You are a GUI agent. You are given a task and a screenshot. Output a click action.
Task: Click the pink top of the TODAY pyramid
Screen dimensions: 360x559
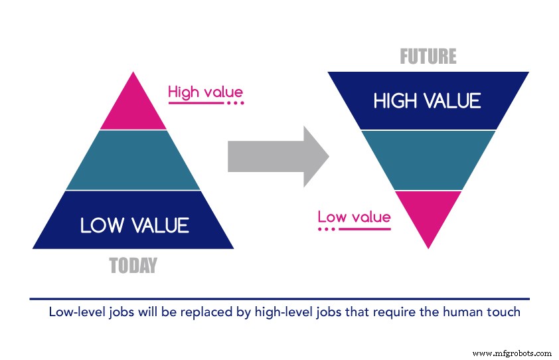[x=133, y=106]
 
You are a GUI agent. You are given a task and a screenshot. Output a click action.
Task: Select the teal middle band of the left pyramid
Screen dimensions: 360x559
[x=133, y=160]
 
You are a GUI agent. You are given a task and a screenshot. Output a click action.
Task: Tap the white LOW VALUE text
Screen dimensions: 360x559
[x=134, y=225]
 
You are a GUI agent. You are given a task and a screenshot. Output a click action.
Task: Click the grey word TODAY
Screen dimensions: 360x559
[x=133, y=266]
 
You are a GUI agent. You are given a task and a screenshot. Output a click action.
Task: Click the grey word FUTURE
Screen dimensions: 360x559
[x=428, y=57]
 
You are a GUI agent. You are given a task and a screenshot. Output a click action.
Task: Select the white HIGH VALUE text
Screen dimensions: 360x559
[x=427, y=101]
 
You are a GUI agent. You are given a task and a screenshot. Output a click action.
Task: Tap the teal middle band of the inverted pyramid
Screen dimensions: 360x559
[x=428, y=160]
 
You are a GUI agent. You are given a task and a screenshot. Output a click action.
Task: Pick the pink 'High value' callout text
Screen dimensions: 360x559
[x=205, y=92]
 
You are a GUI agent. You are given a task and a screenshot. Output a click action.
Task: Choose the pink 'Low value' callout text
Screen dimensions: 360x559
[x=354, y=217]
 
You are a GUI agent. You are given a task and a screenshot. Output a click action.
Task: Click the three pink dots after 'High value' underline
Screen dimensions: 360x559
[x=236, y=104]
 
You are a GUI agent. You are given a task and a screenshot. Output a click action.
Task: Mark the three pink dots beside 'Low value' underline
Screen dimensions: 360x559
[x=326, y=229]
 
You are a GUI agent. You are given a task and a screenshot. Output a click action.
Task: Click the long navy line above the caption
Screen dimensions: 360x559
[x=279, y=300]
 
